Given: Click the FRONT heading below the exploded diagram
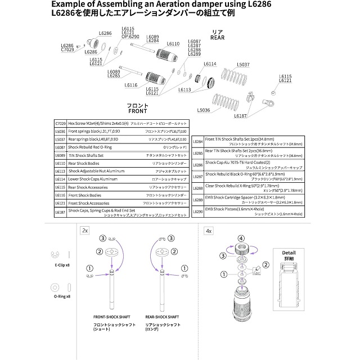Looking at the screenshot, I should [137, 111].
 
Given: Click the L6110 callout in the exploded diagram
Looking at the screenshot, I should [173, 43].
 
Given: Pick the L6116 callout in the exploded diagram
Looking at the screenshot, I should [131, 85].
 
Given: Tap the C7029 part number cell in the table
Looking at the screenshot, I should [60, 122].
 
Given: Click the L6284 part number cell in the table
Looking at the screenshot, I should [197, 141].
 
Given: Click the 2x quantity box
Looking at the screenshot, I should [85, 230].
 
